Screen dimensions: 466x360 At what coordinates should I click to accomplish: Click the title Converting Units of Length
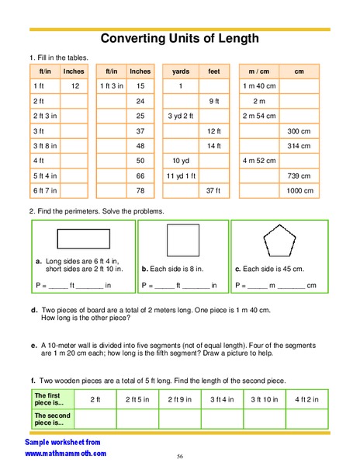[x=179, y=39]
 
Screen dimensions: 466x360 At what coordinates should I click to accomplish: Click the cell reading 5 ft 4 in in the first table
[x=45, y=176]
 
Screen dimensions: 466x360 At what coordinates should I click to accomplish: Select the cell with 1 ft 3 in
[x=111, y=85]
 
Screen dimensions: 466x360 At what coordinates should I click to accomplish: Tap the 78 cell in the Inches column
[x=140, y=190]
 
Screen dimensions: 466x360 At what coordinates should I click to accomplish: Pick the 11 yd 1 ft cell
[x=180, y=176]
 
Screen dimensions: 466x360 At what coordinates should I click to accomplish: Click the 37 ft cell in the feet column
[x=213, y=190]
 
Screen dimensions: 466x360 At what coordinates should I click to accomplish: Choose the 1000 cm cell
[x=299, y=190]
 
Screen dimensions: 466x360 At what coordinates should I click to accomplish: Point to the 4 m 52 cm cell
[x=258, y=161]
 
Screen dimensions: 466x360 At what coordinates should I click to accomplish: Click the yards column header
[x=180, y=71]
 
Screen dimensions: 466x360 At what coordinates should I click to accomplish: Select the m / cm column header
[x=258, y=71]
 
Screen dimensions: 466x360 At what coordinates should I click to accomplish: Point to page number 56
[x=179, y=456]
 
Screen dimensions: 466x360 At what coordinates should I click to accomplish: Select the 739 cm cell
[x=299, y=176]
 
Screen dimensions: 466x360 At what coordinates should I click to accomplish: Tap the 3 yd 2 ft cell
[x=180, y=116]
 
